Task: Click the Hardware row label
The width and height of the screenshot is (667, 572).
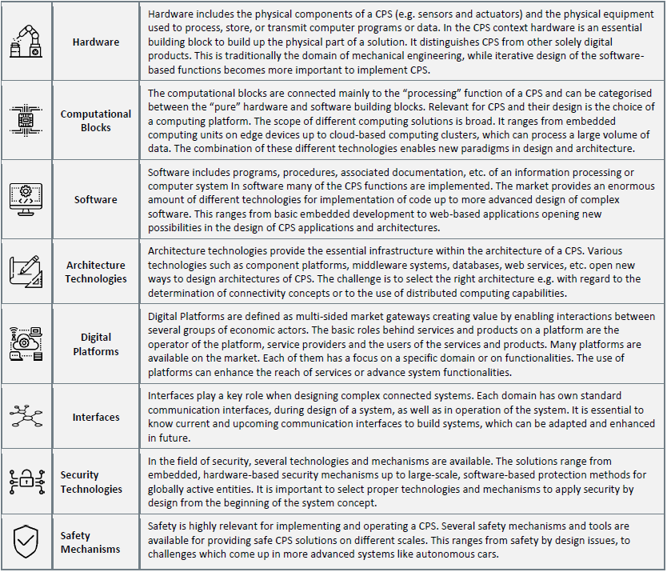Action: pos(95,42)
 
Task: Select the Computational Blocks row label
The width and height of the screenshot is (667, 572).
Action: pos(95,121)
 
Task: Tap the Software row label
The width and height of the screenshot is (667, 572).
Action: pos(95,199)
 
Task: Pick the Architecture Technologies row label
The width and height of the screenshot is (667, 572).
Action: pos(96,272)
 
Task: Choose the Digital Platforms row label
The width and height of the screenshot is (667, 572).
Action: pos(96,344)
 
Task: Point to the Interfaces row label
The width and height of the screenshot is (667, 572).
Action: pos(96,417)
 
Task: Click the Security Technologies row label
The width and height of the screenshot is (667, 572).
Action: pos(91,482)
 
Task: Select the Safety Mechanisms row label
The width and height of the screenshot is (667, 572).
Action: pos(90,542)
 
